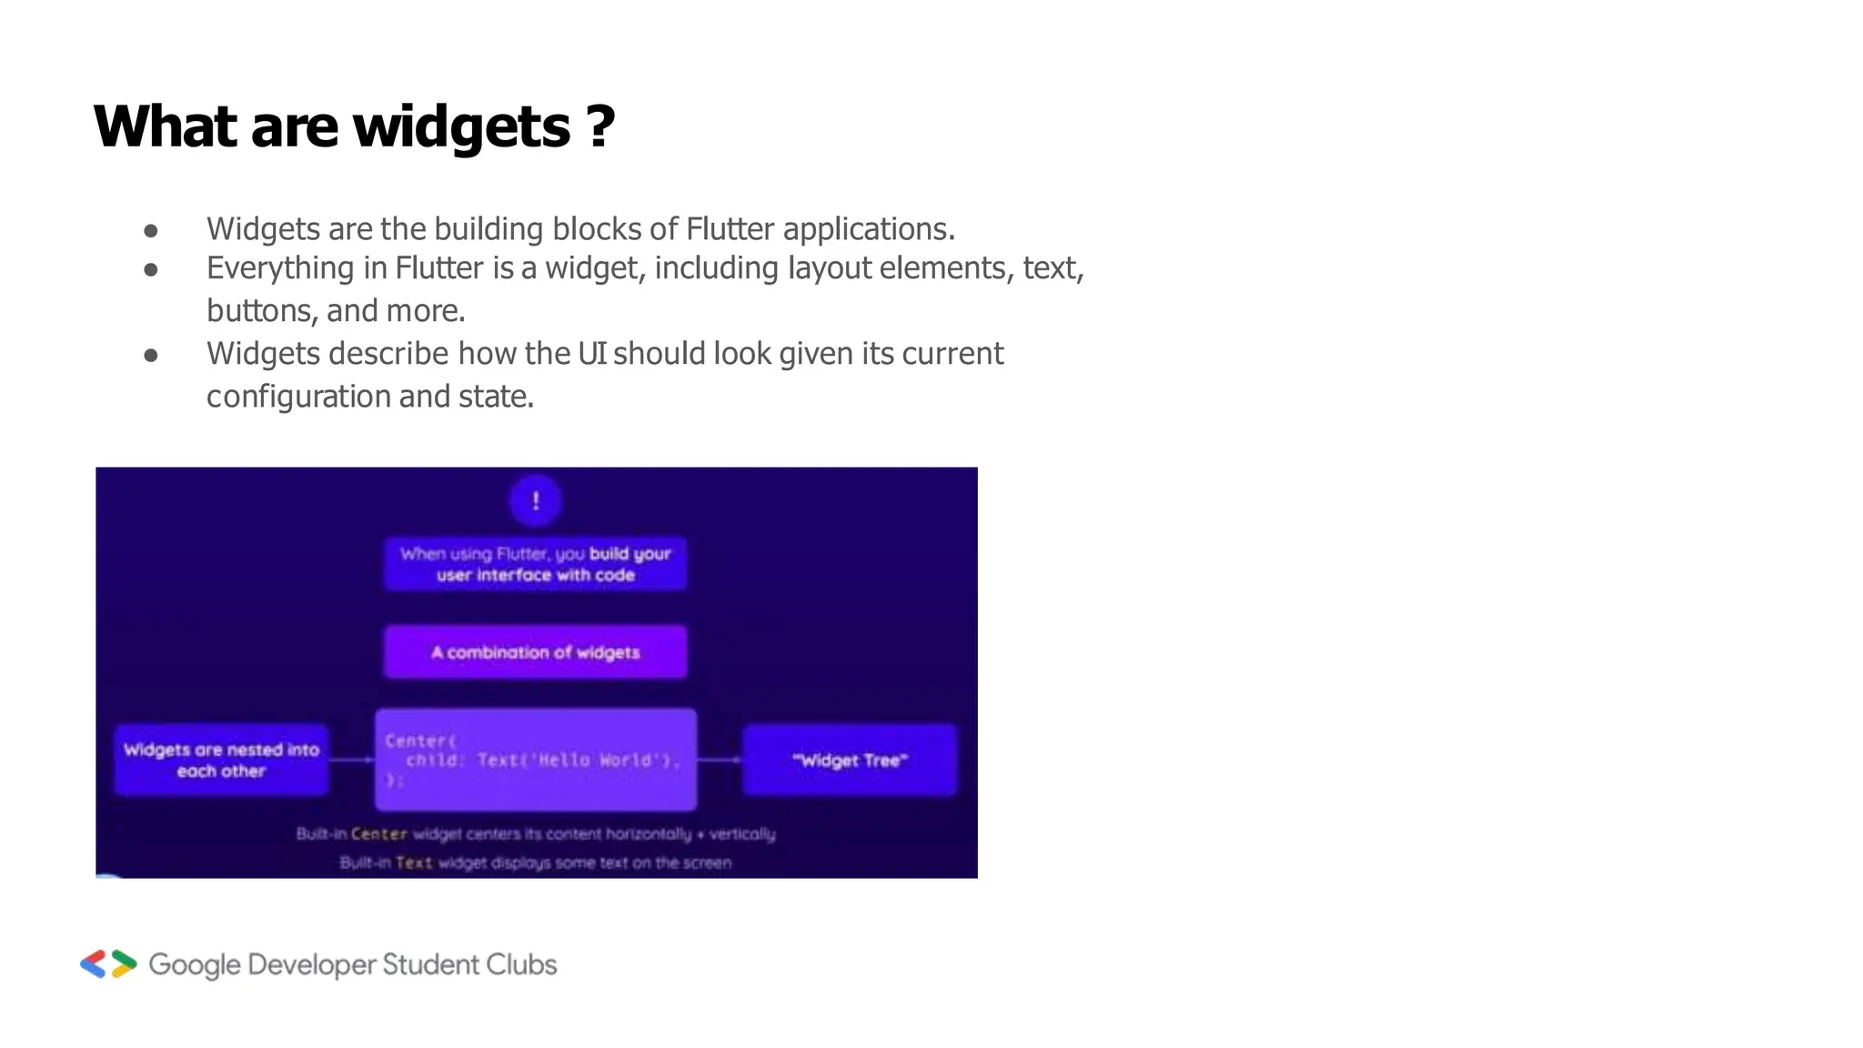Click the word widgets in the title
461,127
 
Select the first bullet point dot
151,231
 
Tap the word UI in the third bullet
591,353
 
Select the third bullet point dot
151,356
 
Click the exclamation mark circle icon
536,500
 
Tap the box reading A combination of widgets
535,651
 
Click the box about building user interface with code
535,564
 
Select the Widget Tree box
850,760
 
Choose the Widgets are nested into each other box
221,760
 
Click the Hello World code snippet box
536,760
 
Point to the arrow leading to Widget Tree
720,760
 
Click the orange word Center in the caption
378,833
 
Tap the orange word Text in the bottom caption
414,862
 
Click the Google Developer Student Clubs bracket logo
108,964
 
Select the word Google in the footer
194,965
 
